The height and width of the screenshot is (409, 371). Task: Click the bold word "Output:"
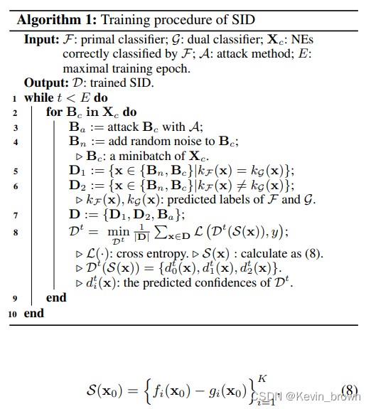pos(45,83)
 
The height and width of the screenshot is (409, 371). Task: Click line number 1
pos(14,98)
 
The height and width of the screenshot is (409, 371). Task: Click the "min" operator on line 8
pos(114,230)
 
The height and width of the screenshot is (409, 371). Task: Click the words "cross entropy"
pos(142,253)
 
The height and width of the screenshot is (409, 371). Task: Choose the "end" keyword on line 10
pos(33,313)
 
